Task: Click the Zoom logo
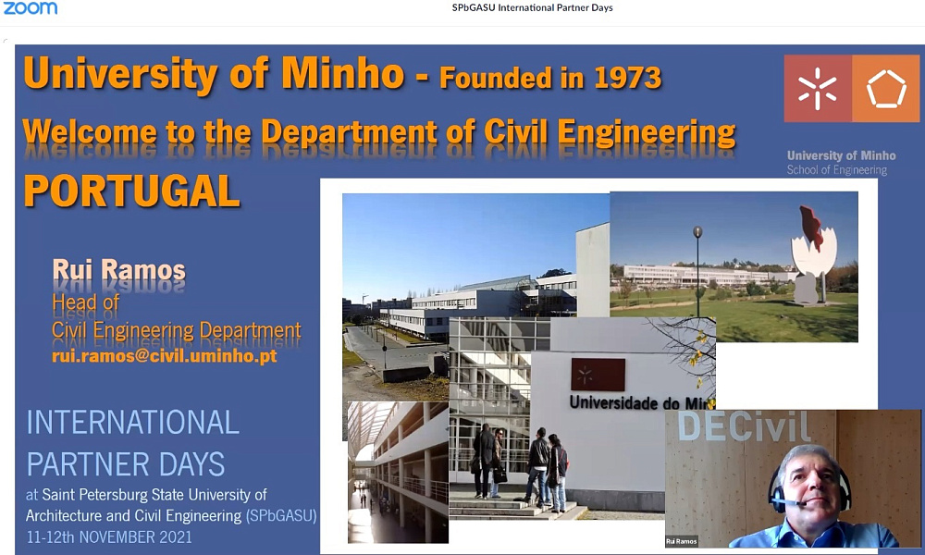tap(31, 7)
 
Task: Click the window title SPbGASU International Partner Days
tap(532, 7)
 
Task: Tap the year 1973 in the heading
tap(628, 78)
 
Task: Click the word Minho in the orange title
tap(343, 73)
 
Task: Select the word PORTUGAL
tap(132, 191)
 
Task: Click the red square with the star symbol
tap(818, 89)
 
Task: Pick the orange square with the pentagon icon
tap(885, 89)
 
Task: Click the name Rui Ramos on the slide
tap(118, 269)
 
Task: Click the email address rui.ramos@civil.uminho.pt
tap(165, 355)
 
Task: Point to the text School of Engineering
tap(836, 170)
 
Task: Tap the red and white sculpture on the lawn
tap(812, 254)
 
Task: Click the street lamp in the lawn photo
tap(697, 271)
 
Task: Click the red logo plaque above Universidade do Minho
tap(598, 375)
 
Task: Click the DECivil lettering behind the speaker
tap(744, 426)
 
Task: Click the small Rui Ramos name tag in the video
tap(682, 541)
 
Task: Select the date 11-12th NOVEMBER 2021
tap(109, 536)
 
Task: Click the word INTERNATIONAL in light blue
tap(132, 423)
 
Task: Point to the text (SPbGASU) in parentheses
tap(281, 515)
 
